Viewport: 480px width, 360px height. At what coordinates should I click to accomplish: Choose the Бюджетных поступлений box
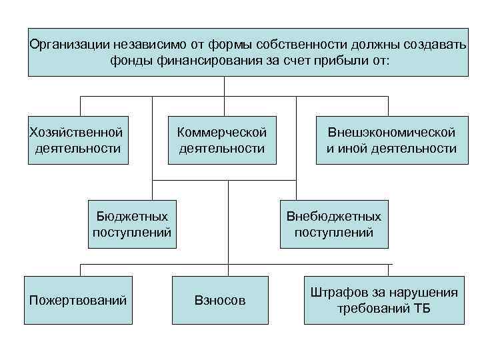[x=132, y=224]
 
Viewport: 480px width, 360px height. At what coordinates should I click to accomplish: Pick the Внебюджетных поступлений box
[x=333, y=224]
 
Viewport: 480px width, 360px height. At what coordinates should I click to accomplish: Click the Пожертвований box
[x=78, y=300]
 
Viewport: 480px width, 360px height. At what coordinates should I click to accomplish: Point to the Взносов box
[x=219, y=301]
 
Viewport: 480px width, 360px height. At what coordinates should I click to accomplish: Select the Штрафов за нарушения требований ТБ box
[x=384, y=300]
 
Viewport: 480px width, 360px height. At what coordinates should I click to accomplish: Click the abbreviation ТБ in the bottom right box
[x=423, y=309]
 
